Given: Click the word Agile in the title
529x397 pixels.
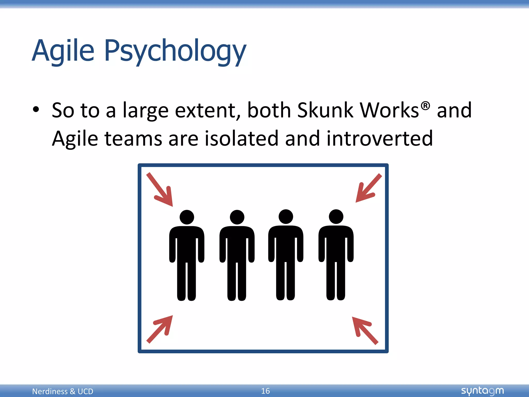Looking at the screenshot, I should point(63,51).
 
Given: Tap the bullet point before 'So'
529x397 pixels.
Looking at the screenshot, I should point(36,110).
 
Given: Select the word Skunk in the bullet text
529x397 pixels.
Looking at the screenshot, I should point(325,110).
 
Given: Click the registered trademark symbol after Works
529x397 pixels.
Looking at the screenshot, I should point(425,105).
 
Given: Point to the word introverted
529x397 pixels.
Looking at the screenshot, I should point(379,139).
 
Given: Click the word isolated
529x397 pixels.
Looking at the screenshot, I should point(242,139).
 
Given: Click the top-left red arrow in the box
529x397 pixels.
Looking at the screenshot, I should point(160,190).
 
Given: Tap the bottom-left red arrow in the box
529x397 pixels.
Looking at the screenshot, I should point(160,329).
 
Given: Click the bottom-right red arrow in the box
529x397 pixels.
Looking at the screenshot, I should point(364,330).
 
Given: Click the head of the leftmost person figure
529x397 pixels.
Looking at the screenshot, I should point(187,217).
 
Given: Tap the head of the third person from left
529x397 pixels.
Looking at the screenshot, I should point(286,217).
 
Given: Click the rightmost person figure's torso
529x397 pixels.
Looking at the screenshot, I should point(336,243).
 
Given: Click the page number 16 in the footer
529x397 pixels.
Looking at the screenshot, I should point(265,391).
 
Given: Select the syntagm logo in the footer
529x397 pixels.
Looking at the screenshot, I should point(482,391).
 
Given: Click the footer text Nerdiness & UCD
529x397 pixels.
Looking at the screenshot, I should point(63,391).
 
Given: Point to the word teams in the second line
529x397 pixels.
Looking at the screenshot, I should point(133,139).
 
